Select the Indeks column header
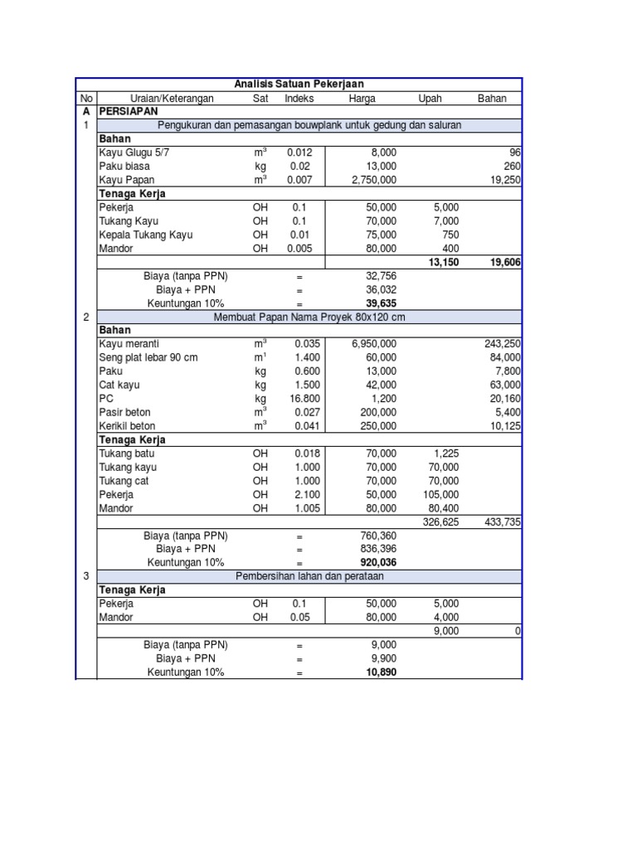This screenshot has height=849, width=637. tap(299, 98)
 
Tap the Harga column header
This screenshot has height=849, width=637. tap(362, 98)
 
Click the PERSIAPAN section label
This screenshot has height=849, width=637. tap(128, 111)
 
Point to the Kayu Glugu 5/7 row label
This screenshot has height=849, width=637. tap(137, 153)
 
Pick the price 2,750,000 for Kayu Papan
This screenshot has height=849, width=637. tap(373, 180)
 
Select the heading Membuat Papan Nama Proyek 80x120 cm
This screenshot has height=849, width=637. tap(309, 317)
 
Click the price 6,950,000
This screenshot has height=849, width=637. tap(373, 344)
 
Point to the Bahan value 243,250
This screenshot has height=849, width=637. tap(503, 344)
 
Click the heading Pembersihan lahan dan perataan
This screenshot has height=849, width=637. tap(309, 576)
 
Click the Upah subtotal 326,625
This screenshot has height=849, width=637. tap(440, 522)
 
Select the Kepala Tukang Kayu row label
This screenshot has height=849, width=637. tap(146, 235)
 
